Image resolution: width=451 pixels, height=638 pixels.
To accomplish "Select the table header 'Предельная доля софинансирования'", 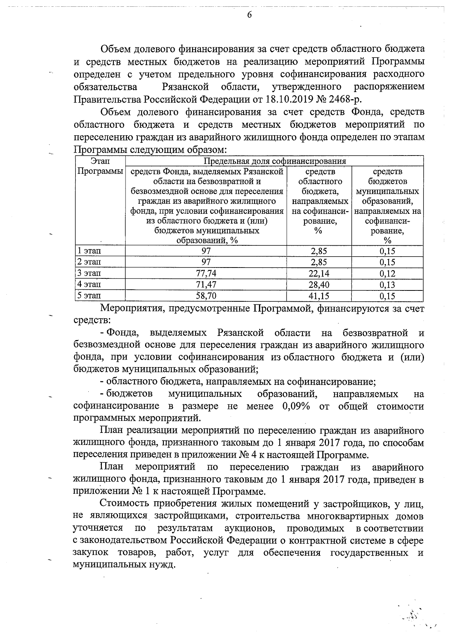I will point(274,161).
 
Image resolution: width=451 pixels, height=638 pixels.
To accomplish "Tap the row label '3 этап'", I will point(89,273).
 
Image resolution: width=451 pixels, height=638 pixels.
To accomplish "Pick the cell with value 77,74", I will point(206,273).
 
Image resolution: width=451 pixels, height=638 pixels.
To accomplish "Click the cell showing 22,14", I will point(319,273).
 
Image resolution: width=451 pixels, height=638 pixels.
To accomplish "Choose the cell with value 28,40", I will point(319,284).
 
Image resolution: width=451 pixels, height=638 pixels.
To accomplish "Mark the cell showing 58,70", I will point(206,296).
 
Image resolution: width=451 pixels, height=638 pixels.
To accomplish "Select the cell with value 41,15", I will point(319,296).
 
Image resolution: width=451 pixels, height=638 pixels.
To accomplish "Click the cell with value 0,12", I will point(387,273).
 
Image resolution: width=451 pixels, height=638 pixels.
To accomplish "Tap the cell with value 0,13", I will point(387,284).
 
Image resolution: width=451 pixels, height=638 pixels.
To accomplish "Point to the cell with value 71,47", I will point(206,284).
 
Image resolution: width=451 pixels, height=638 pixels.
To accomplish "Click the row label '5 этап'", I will point(89,296).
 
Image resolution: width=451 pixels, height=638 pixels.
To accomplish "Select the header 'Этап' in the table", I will point(100,161).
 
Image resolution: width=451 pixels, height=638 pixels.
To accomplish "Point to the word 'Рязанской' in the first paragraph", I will point(185,87).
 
